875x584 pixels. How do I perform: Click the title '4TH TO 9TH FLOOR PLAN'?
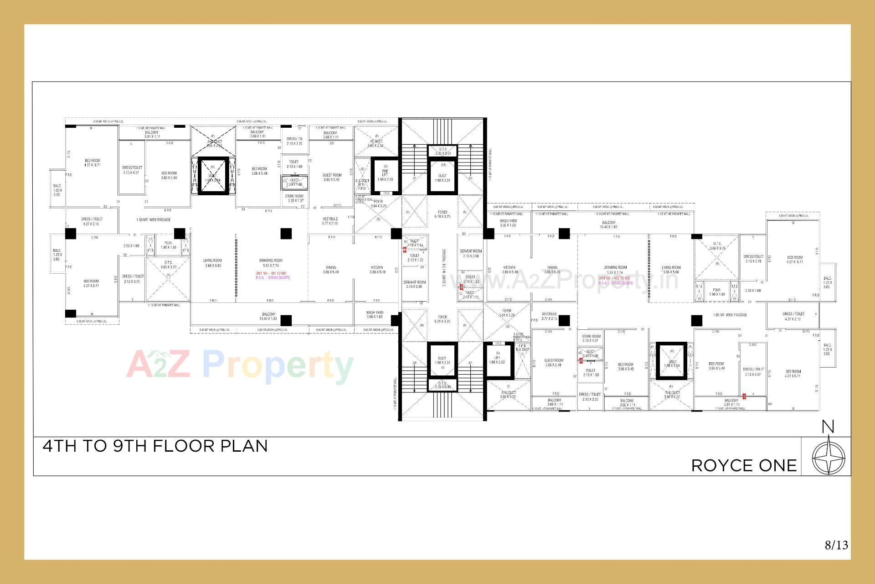coord(155,446)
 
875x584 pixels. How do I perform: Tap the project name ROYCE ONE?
coord(744,466)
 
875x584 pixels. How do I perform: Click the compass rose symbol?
coord(828,458)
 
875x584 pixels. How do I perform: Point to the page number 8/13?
coord(836,545)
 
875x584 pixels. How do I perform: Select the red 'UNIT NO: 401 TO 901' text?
coord(271,273)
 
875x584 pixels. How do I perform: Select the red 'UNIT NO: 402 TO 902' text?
coord(614,278)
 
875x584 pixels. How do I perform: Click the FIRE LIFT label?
coord(385,174)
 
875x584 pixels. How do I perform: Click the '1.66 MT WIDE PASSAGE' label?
coord(153,220)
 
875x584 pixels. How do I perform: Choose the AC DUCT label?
coord(376,141)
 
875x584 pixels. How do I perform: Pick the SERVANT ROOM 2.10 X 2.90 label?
coord(414,284)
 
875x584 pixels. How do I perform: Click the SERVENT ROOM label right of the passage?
coord(470,253)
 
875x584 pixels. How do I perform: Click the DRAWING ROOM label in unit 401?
coord(271,263)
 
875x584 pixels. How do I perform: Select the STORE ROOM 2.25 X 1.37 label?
coord(294,198)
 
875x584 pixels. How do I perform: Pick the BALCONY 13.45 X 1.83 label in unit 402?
coord(608,224)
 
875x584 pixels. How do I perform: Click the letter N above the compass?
coord(828,427)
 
